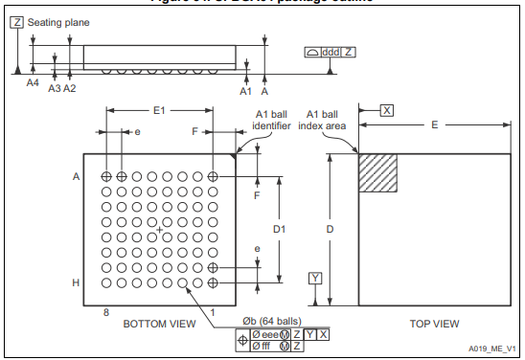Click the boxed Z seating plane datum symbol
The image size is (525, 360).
pyautogui.click(x=16, y=21)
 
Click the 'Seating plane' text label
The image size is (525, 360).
pyautogui.click(x=57, y=21)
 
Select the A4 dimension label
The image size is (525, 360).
pyautogui.click(x=32, y=84)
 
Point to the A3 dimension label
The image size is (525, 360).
pyautogui.click(x=55, y=88)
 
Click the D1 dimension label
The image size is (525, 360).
pyautogui.click(x=280, y=230)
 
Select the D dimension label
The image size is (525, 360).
pyautogui.click(x=331, y=230)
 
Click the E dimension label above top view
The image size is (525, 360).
pyautogui.click(x=434, y=124)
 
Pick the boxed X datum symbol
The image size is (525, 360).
pyautogui.click(x=386, y=110)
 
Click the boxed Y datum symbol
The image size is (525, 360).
pyautogui.click(x=315, y=279)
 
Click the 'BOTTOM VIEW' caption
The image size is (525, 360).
pyautogui.click(x=159, y=325)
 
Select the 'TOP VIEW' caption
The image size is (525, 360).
pyautogui.click(x=434, y=325)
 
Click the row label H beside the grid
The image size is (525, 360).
pyautogui.click(x=75, y=283)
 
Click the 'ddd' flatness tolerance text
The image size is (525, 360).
pyautogui.click(x=331, y=51)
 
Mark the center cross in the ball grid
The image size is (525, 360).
pyautogui.click(x=159, y=230)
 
